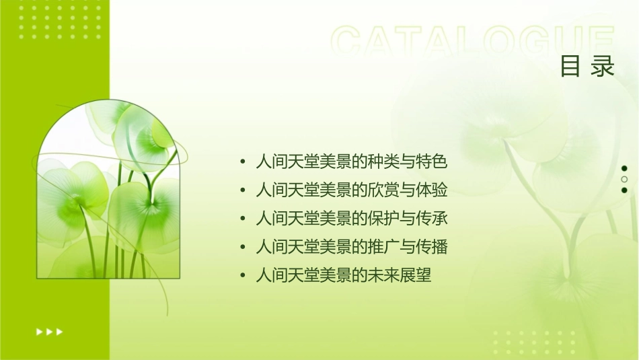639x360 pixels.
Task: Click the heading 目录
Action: click(587, 67)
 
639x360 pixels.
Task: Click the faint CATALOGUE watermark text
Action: click(472, 42)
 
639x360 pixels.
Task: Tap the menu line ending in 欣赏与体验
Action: click(351, 190)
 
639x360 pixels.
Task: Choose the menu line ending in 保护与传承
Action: click(351, 219)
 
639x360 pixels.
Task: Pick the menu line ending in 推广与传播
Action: click(351, 247)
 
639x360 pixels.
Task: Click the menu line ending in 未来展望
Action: click(343, 275)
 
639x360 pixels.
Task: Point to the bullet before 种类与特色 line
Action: click(242, 162)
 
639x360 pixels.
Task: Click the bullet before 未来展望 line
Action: click(242, 276)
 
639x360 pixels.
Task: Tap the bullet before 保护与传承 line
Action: click(242, 219)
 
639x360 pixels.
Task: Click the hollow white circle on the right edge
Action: click(624, 179)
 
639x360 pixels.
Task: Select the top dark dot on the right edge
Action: click(624, 168)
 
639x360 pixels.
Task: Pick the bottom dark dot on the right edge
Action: click(624, 190)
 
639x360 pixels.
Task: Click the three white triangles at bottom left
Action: click(49, 331)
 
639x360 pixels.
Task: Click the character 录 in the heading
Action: click(603, 67)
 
